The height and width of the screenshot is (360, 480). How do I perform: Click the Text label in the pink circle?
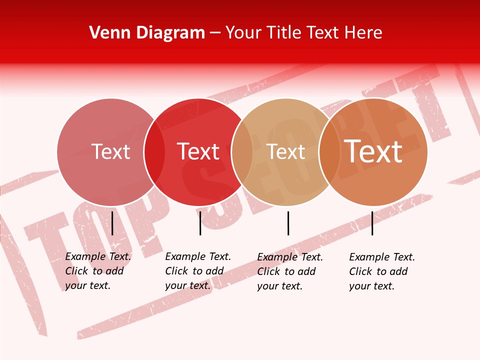pos(110,151)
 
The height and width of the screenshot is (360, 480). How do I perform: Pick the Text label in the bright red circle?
pos(198,151)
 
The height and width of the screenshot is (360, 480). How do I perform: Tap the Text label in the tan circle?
pos(285,151)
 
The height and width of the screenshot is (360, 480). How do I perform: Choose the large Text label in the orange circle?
pos(373,151)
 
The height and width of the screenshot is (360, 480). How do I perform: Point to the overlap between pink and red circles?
pos(154,151)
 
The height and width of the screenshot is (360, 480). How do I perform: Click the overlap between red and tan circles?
pos(242,151)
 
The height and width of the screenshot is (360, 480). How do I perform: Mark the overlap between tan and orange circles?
pos(329,151)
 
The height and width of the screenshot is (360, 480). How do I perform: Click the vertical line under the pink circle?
pos(112,223)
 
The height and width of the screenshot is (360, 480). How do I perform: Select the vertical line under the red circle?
pos(200,223)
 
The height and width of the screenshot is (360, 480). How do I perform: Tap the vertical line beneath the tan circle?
pos(288,223)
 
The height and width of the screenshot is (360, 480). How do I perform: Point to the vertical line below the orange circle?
pos(372,223)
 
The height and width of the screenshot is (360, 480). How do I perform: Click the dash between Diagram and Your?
pos(215,33)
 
